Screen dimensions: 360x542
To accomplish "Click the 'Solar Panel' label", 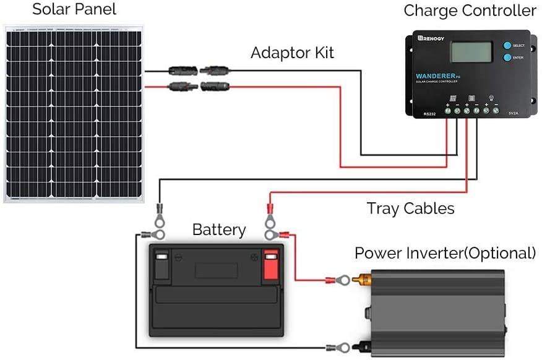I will coord(74,10).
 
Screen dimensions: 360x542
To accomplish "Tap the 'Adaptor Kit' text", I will coord(292,53).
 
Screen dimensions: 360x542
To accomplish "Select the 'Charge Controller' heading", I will coord(470,11).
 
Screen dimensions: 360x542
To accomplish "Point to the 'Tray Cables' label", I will coord(410,208).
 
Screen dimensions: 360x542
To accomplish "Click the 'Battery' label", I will coord(219,230).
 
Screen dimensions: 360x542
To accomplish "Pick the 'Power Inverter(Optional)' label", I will coord(445,253).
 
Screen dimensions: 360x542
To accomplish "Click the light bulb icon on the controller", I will coord(491,98).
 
